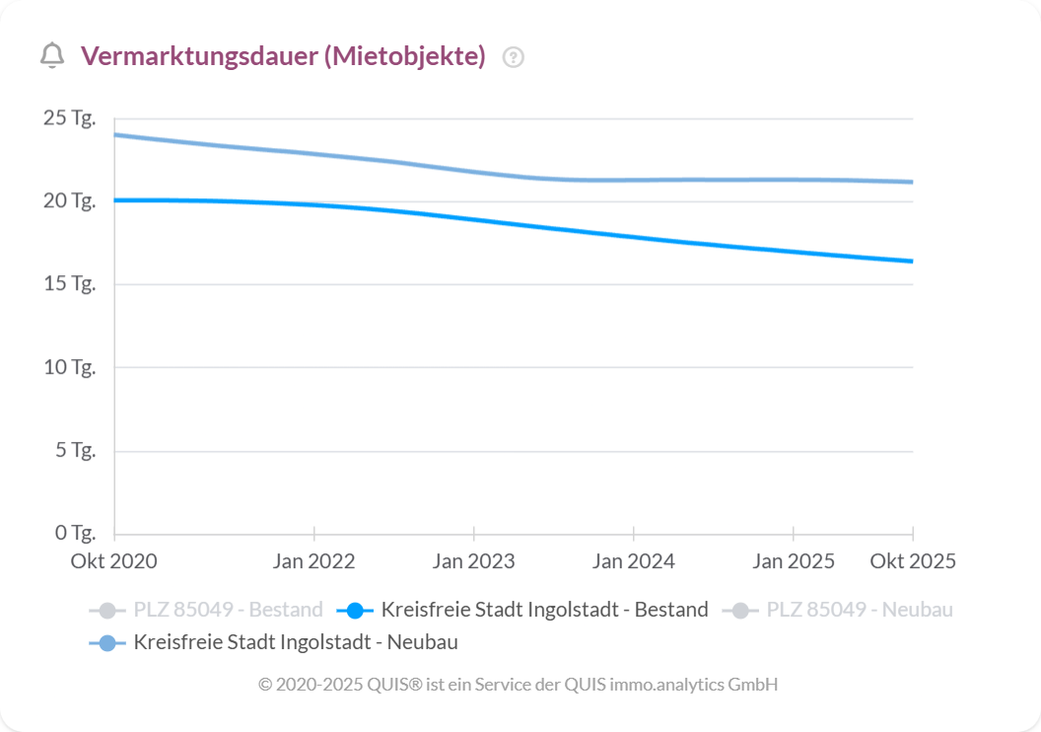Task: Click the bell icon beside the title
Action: click(52, 56)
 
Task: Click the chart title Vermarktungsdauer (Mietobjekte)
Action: click(283, 56)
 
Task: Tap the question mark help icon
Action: click(513, 57)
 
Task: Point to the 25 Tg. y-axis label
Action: click(69, 118)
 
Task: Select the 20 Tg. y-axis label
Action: click(69, 201)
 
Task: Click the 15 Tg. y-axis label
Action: click(69, 284)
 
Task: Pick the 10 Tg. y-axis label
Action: click(69, 367)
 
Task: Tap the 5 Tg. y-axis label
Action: click(74, 451)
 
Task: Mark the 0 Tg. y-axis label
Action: click(74, 534)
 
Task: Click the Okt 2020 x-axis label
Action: click(113, 561)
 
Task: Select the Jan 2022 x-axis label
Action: click(313, 561)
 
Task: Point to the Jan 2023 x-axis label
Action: click(473, 561)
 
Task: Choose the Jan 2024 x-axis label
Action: click(633, 561)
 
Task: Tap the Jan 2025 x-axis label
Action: click(793, 561)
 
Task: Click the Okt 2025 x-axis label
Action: click(912, 561)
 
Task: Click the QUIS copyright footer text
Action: click(518, 684)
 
